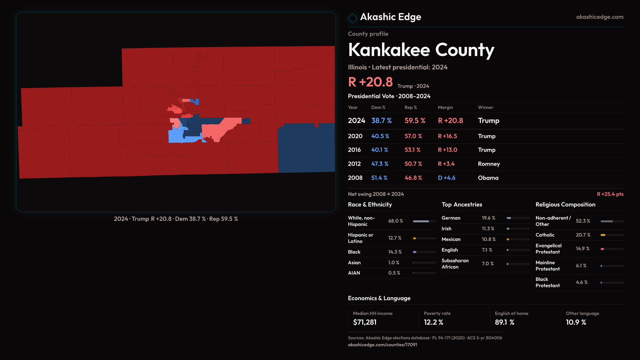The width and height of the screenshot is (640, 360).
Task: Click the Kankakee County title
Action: click(x=421, y=50)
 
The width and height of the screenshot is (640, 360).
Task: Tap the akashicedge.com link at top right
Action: click(x=599, y=17)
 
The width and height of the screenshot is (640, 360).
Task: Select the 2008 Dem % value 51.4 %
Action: click(x=379, y=178)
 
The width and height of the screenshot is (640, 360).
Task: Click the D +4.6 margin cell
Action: click(x=446, y=178)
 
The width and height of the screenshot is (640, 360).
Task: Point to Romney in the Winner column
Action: click(x=489, y=164)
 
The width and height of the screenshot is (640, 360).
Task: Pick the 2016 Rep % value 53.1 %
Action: click(x=412, y=150)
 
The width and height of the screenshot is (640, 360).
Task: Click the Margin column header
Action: click(x=445, y=107)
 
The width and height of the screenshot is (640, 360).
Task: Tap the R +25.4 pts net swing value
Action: click(x=610, y=194)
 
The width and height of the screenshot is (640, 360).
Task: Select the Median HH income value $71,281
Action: click(x=365, y=322)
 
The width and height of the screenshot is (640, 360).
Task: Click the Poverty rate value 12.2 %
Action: click(x=433, y=322)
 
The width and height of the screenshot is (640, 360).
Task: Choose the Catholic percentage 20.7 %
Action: click(x=583, y=235)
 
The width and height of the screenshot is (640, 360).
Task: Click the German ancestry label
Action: click(x=451, y=218)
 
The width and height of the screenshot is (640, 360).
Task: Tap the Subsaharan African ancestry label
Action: click(x=455, y=263)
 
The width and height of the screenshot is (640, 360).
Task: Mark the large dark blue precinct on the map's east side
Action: click(x=307, y=150)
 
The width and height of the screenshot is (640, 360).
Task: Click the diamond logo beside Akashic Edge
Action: click(x=352, y=18)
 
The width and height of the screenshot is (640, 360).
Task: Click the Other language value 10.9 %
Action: click(x=576, y=322)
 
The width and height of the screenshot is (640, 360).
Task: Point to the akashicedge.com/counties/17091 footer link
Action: click(x=382, y=345)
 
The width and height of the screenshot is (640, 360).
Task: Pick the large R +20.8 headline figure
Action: click(x=370, y=82)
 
